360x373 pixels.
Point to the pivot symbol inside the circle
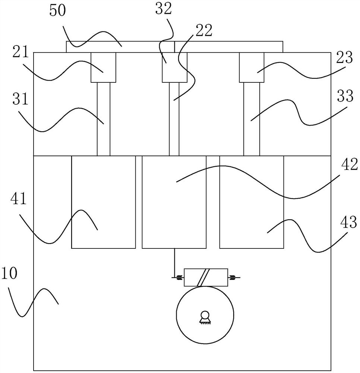[x=205, y=317]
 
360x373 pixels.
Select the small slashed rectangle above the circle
[x=206, y=278]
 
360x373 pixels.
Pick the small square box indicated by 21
[x=104, y=67]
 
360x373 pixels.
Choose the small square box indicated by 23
[x=252, y=67]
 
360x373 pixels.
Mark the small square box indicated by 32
[x=174, y=67]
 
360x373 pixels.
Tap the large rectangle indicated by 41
[x=104, y=202]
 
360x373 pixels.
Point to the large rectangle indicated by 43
[x=252, y=202]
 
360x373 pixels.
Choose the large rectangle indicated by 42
[x=174, y=202]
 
